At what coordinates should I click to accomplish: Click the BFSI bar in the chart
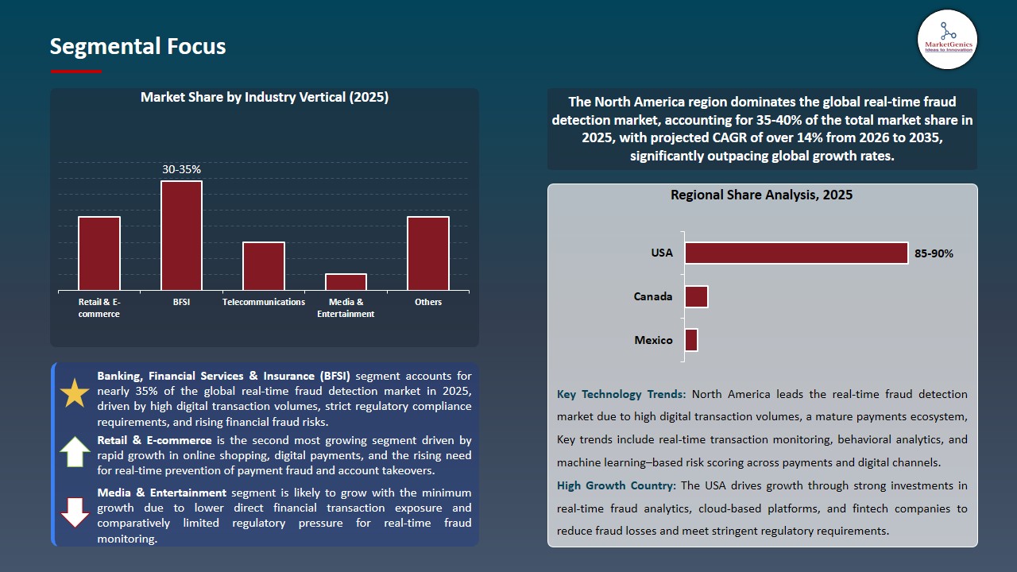(x=181, y=235)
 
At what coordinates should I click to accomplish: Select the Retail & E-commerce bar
(x=99, y=253)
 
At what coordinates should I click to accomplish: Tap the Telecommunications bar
(x=264, y=266)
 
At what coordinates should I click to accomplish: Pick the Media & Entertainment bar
(x=346, y=282)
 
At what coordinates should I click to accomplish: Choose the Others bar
(x=428, y=253)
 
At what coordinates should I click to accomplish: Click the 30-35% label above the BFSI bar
(x=181, y=169)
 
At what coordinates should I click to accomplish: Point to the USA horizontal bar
(x=796, y=253)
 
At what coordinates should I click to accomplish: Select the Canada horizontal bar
(x=696, y=296)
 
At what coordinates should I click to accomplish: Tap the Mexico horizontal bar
(x=691, y=340)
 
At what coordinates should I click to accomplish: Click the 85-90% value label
(x=934, y=253)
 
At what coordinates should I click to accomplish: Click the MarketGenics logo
(x=947, y=39)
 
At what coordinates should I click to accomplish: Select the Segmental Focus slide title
(x=137, y=47)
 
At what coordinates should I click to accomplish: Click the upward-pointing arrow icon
(x=75, y=451)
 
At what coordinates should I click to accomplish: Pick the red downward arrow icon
(x=75, y=512)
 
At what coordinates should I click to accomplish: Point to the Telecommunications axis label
(x=264, y=302)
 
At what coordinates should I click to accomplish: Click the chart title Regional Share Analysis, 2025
(x=761, y=195)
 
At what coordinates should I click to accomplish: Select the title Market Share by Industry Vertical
(x=264, y=97)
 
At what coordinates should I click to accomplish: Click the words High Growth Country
(x=617, y=485)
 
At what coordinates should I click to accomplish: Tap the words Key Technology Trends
(x=622, y=394)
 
